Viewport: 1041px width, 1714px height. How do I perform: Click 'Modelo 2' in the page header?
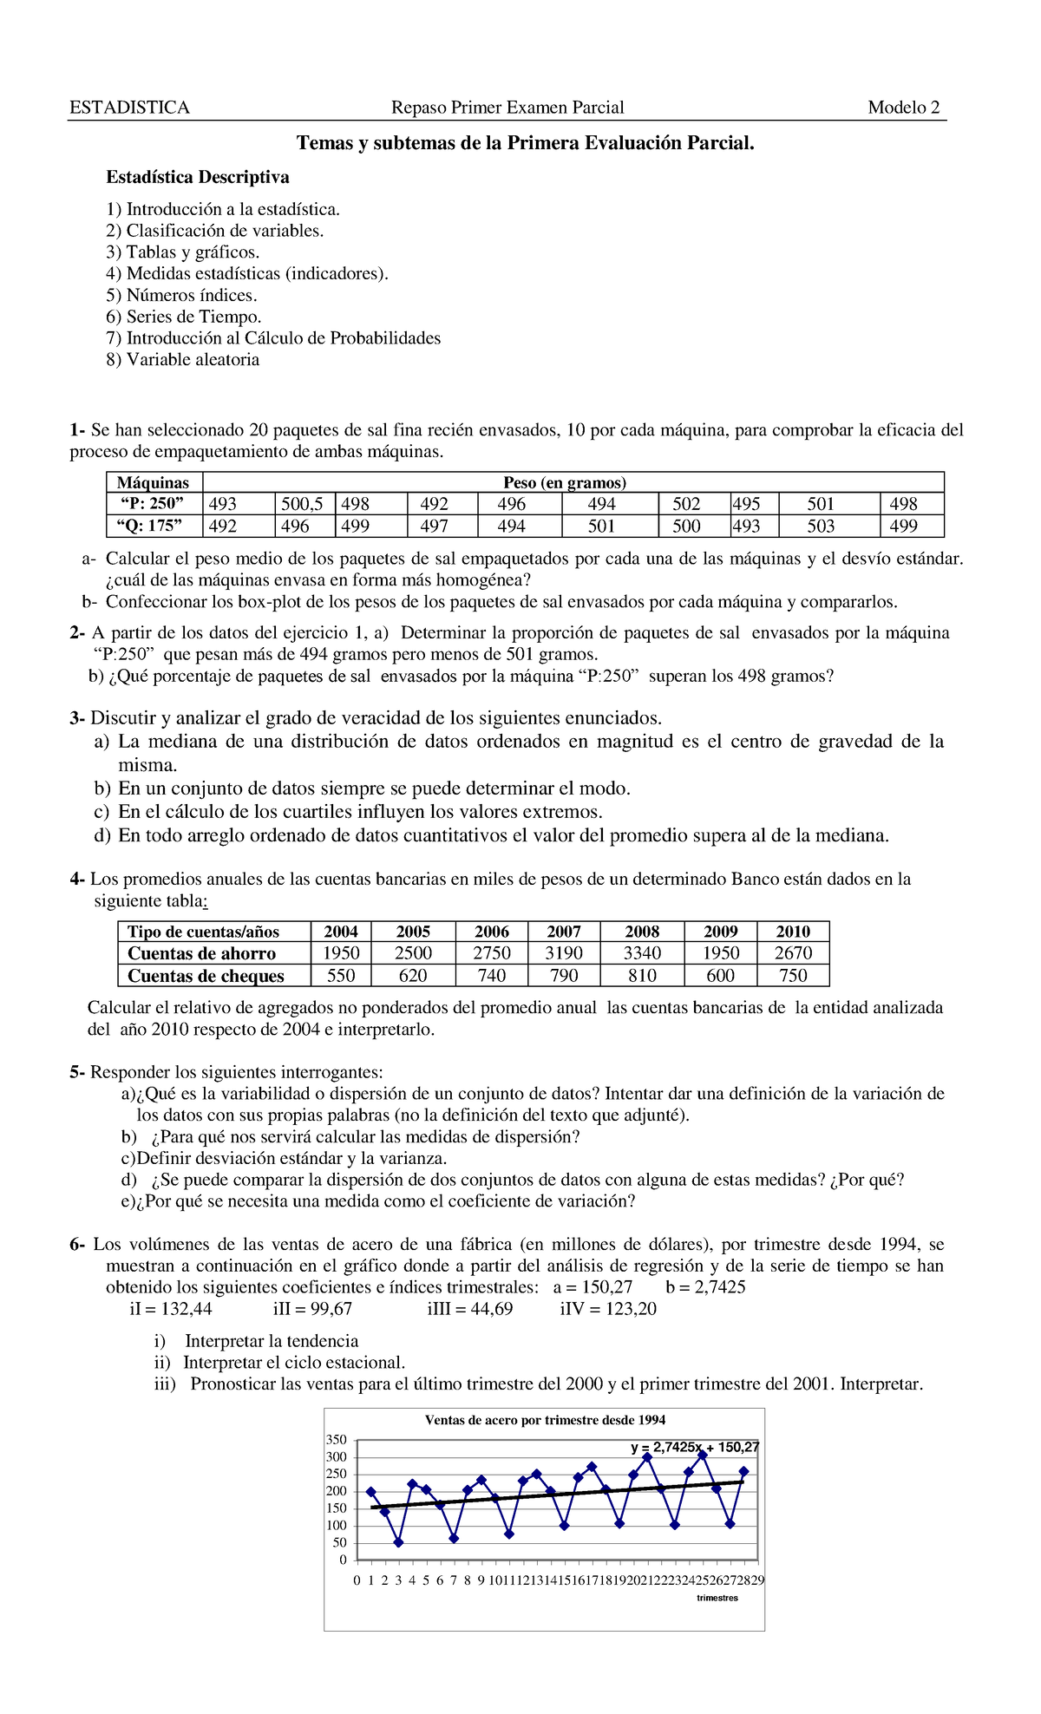click(x=903, y=108)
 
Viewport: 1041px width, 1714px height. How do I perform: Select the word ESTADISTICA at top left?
click(x=129, y=108)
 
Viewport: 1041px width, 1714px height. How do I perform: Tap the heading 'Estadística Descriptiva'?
click(x=198, y=177)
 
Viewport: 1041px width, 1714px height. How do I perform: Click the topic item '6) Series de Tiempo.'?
click(x=183, y=317)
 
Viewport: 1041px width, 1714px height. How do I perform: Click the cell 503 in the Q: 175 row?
click(x=821, y=526)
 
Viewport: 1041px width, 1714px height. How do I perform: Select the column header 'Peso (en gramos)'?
click(x=565, y=483)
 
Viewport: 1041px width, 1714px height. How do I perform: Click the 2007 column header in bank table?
click(x=564, y=931)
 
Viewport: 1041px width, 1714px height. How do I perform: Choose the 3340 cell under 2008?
click(x=642, y=952)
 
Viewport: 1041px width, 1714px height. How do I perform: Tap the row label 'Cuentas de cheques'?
click(x=206, y=976)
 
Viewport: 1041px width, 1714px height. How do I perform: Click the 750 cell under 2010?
click(x=793, y=976)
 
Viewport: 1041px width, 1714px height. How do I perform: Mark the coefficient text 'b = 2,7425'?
click(x=705, y=1287)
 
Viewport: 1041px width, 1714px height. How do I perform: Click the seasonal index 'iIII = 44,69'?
click(x=469, y=1309)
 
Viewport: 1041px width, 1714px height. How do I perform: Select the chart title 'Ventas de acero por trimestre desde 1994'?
click(x=545, y=1420)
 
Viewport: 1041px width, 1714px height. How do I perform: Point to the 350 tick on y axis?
click(x=336, y=1440)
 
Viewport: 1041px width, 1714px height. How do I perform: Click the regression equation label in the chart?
click(x=695, y=1447)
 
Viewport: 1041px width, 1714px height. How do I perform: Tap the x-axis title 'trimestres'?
click(x=717, y=1598)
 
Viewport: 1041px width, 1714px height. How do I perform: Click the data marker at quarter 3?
click(x=398, y=1542)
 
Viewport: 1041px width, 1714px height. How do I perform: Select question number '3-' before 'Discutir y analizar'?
click(x=77, y=718)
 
